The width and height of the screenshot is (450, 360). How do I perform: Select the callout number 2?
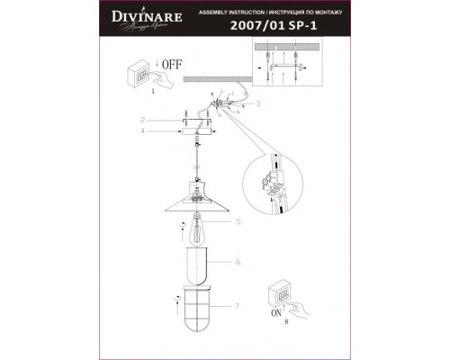click(x=141, y=120)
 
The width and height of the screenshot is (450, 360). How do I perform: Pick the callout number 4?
click(x=141, y=131)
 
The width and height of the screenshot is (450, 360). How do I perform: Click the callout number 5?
click(x=238, y=221)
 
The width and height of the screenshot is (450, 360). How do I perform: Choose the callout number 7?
click(x=238, y=307)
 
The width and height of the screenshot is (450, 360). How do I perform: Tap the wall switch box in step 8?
click(x=281, y=294)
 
